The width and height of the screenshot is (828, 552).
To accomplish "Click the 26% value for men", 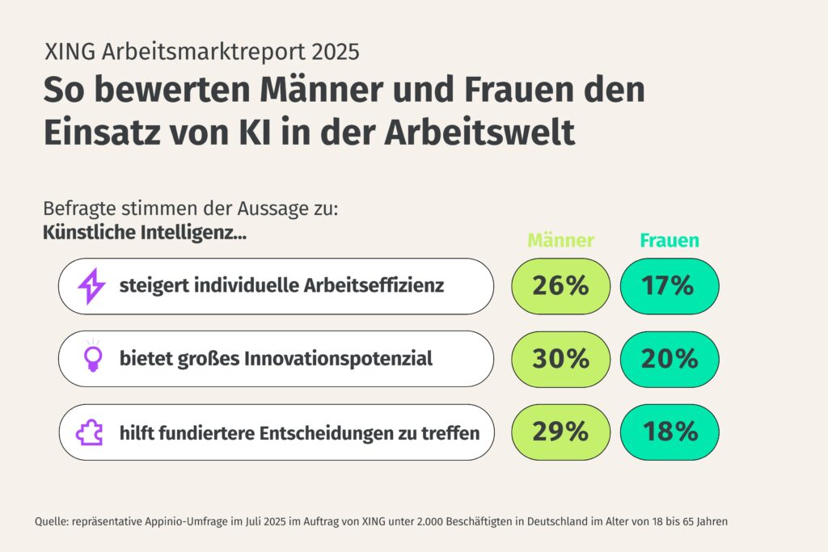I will point(560,286).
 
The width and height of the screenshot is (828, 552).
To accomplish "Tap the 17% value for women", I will point(669,286).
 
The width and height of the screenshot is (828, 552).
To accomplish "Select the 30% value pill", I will point(560,359).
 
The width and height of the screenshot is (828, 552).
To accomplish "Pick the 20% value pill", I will point(669,359).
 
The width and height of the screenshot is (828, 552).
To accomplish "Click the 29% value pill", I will point(560,432).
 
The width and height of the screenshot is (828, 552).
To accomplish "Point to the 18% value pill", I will point(669,432).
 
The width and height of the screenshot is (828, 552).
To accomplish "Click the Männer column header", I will point(560,241).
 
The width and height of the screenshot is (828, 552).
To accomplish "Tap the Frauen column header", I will point(670,241).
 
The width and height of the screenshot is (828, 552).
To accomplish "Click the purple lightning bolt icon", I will point(91,286).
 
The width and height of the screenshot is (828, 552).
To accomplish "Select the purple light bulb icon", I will point(91,358).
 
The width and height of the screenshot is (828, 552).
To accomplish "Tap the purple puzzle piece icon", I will point(90,432).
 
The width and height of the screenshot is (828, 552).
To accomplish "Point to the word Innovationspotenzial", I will point(337,358).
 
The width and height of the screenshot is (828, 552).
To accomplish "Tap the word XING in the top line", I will point(70,52).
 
